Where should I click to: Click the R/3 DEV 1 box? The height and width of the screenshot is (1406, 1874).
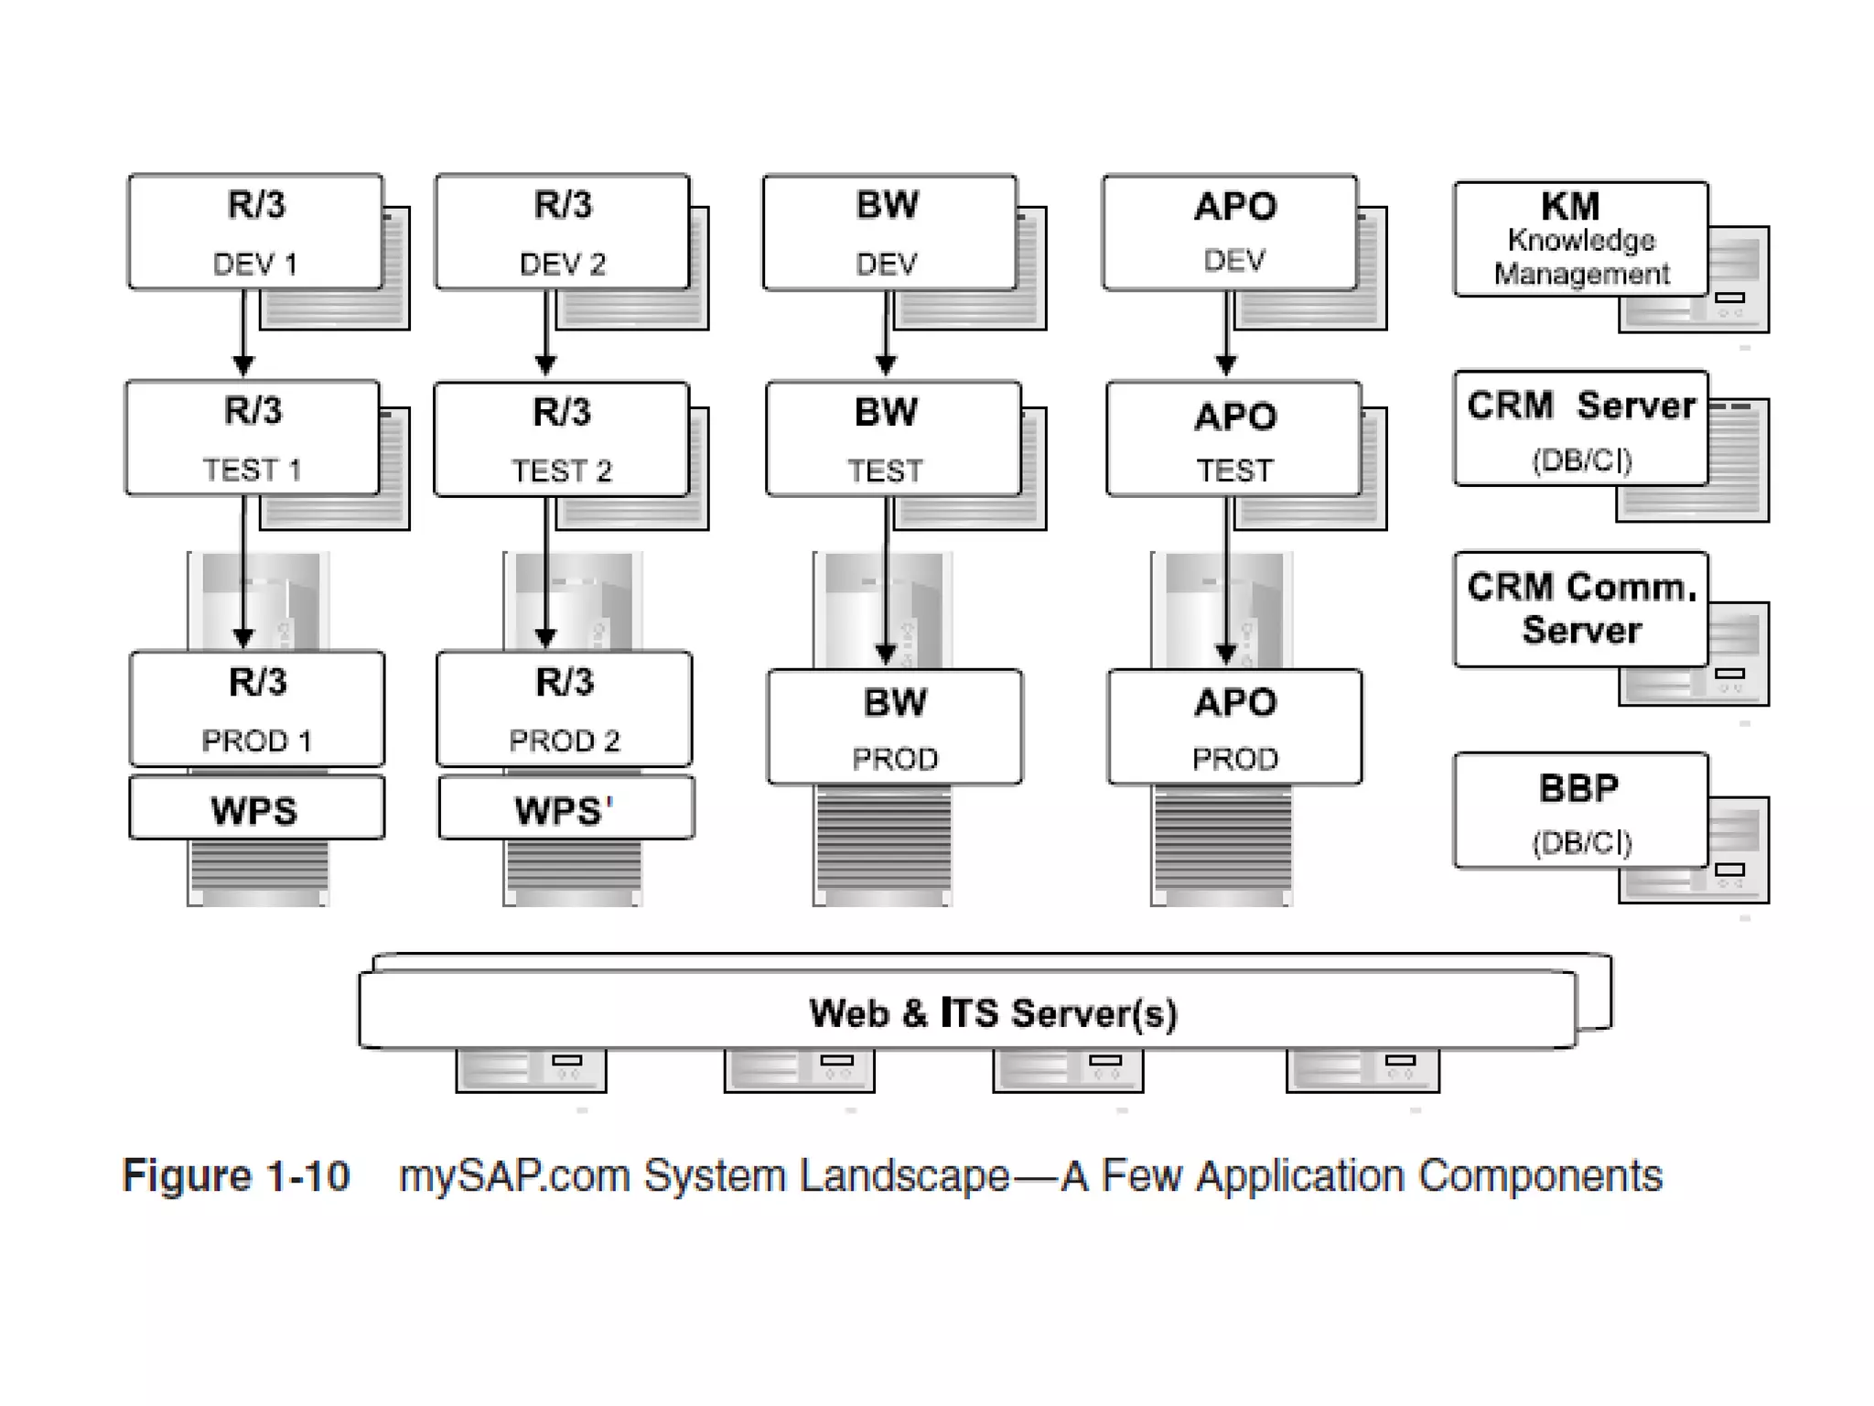(255, 233)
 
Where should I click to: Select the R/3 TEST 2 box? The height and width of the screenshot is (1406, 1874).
(561, 439)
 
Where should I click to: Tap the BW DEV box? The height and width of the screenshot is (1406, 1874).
(889, 233)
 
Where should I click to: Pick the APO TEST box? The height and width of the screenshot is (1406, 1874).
(1233, 439)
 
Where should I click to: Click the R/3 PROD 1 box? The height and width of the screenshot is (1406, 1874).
(257, 708)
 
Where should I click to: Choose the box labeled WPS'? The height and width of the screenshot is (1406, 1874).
(565, 809)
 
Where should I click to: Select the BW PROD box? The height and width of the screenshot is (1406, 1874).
(895, 727)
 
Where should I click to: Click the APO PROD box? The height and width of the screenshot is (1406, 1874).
(1234, 727)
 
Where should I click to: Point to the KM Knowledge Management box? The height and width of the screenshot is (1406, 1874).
(1580, 239)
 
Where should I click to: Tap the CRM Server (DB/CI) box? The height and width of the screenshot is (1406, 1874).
(1580, 427)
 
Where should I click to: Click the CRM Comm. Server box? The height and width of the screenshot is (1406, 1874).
(1580, 609)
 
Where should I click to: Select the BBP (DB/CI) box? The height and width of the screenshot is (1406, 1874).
(1580, 810)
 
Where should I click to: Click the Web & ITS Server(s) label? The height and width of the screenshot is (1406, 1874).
(993, 1012)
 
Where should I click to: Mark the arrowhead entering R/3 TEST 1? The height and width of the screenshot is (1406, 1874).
(243, 366)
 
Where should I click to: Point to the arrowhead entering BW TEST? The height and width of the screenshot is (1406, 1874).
(886, 366)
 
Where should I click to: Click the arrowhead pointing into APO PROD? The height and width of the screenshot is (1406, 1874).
(1226, 654)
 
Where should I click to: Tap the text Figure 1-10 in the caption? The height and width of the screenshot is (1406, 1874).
(236, 1176)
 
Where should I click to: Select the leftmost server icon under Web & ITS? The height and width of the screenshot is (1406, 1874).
(531, 1070)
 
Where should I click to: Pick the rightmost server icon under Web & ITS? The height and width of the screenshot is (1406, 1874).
(1362, 1070)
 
